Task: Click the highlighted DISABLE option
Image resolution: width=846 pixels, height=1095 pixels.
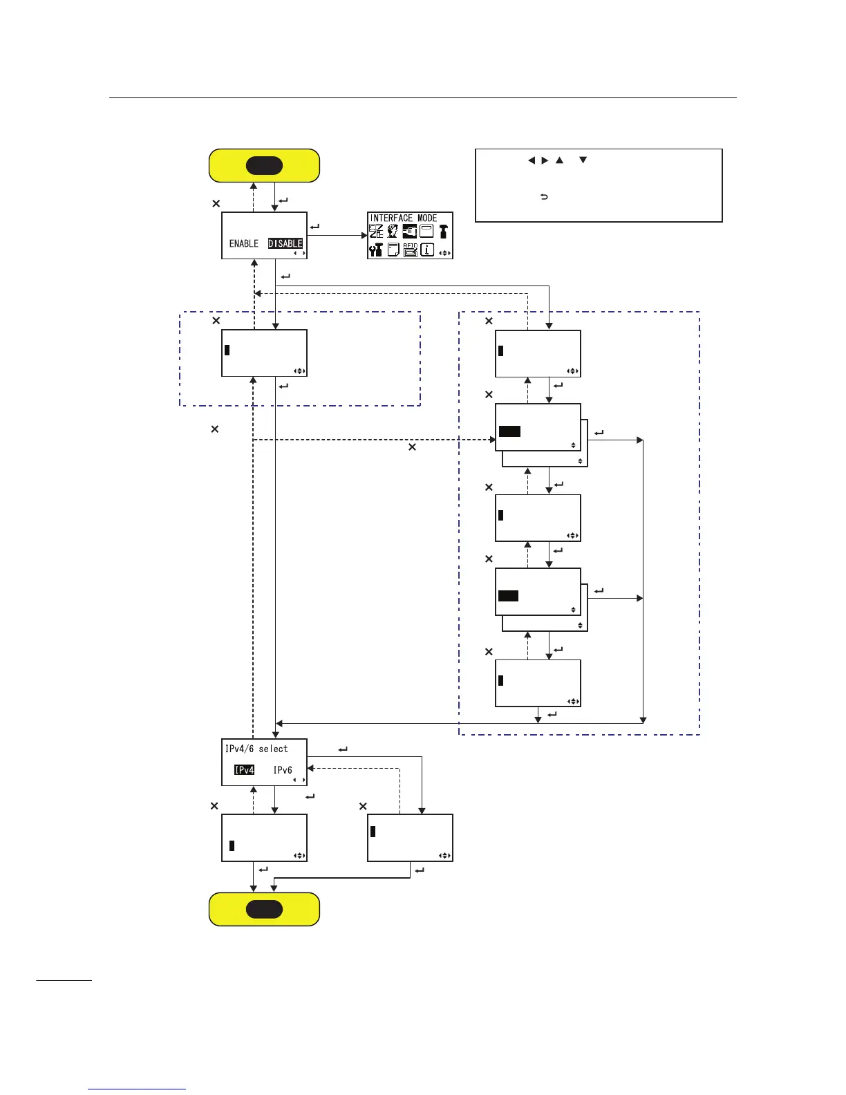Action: click(285, 243)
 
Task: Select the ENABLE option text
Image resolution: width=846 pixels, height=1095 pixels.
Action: click(243, 243)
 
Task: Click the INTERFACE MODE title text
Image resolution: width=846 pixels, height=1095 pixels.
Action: click(404, 218)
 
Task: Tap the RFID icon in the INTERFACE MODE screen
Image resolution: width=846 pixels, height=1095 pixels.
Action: click(410, 250)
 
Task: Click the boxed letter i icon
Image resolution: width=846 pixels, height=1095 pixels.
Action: click(427, 250)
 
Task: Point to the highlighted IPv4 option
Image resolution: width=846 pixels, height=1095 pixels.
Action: click(244, 769)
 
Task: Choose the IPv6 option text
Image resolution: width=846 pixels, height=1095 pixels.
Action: click(283, 769)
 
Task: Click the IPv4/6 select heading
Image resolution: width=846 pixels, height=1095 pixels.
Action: click(256, 749)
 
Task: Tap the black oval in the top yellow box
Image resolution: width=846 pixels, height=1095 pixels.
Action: click(264, 166)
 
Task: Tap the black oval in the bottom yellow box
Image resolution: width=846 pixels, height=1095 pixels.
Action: click(264, 909)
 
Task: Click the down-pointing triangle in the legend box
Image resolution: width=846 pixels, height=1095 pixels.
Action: click(583, 160)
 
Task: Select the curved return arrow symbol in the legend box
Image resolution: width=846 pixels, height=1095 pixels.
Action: click(544, 197)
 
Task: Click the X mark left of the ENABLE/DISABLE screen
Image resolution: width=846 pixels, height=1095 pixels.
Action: click(216, 203)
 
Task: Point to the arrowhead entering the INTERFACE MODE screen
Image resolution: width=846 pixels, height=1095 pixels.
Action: click(364, 236)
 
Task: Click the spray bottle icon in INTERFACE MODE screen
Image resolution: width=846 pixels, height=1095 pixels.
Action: click(443, 232)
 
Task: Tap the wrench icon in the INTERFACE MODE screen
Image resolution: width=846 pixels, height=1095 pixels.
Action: click(376, 250)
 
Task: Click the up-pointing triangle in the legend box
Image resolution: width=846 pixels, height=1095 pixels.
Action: click(559, 160)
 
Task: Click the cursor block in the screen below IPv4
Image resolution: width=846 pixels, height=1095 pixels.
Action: click(232, 845)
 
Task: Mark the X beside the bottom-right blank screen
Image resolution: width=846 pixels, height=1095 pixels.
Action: click(363, 806)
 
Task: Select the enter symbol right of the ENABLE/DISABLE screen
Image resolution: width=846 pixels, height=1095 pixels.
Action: click(315, 226)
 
